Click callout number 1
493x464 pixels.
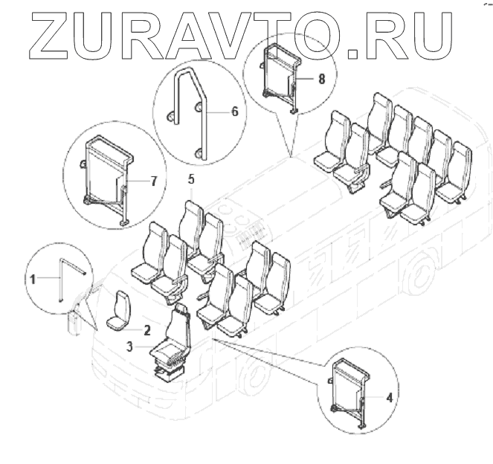click(33, 279)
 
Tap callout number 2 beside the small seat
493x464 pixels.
click(146, 330)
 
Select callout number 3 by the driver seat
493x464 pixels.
click(130, 347)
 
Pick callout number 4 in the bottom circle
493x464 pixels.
click(389, 398)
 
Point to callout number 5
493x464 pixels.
click(191, 179)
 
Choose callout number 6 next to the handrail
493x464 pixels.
click(235, 112)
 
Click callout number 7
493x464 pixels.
click(153, 181)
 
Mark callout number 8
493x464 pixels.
click(321, 79)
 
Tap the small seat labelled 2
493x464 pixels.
click(119, 312)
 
